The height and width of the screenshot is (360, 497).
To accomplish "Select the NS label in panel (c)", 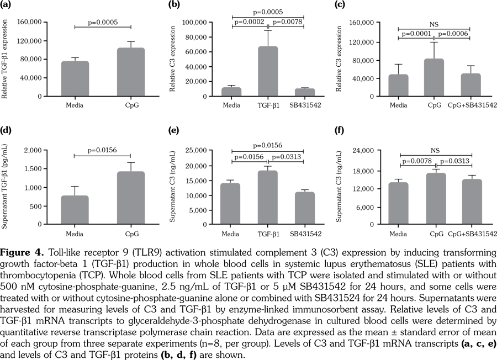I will tap(435, 24).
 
